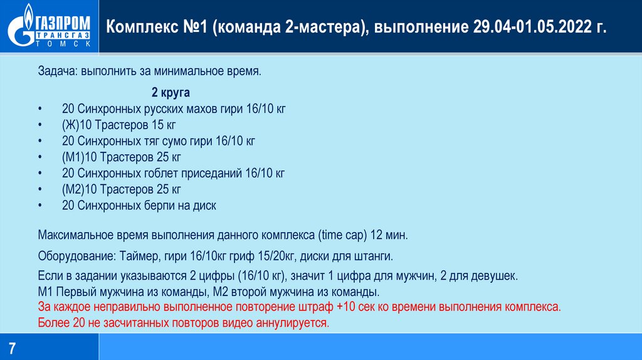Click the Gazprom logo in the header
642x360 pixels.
pyautogui.click(x=49, y=26)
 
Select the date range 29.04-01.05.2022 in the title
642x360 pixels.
pyautogui.click(x=532, y=28)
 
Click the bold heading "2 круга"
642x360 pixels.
pyautogui.click(x=171, y=93)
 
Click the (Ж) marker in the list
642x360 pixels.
pyautogui.click(x=70, y=125)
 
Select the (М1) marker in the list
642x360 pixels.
pyautogui.click(x=73, y=157)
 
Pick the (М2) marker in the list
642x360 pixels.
pyautogui.click(x=73, y=189)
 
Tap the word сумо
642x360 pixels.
pyautogui.click(x=179, y=140)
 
